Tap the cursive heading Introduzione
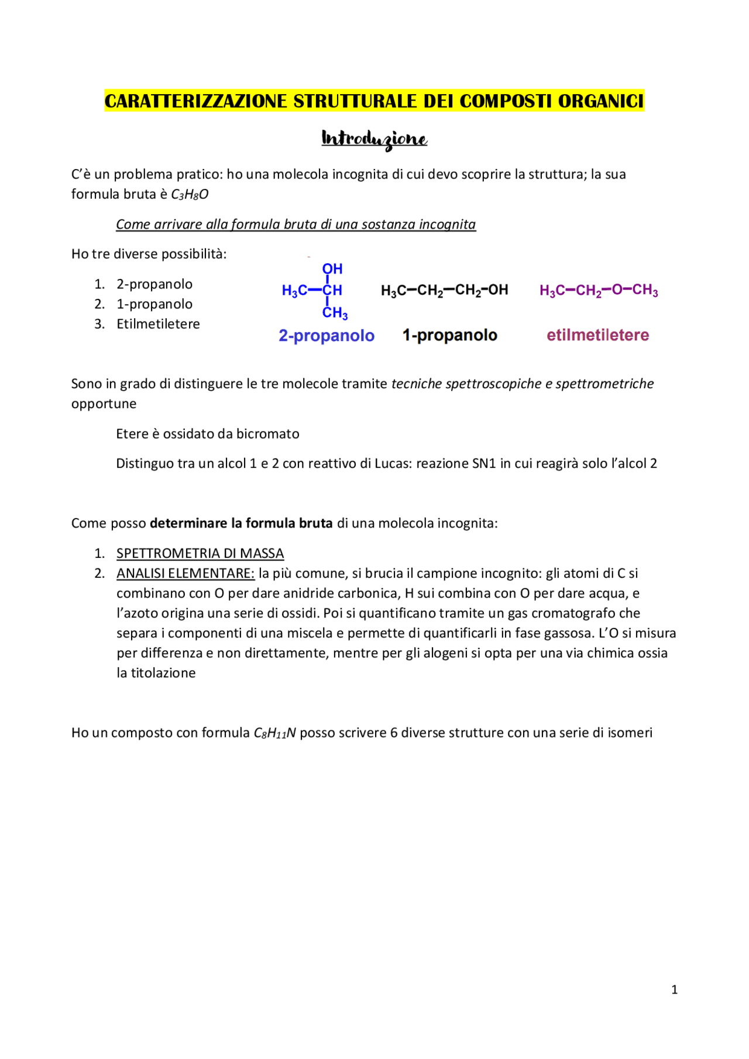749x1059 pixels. pyautogui.click(x=374, y=139)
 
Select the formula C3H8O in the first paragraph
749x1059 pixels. pyautogui.click(x=189, y=195)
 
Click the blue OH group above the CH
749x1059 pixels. pyautogui.click(x=332, y=269)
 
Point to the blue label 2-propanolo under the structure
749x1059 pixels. pyautogui.click(x=327, y=336)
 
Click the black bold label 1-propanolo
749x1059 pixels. pyautogui.click(x=449, y=335)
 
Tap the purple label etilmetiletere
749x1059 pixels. pyautogui.click(x=597, y=335)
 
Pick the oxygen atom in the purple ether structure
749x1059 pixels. pyautogui.click(x=617, y=289)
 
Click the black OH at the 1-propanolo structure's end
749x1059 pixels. pyautogui.click(x=498, y=289)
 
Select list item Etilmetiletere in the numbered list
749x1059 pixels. pyautogui.click(x=158, y=324)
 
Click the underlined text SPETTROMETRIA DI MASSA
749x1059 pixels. pyautogui.click(x=200, y=553)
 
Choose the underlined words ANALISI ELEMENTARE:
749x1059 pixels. pyautogui.click(x=185, y=573)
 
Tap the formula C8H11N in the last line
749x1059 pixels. pyautogui.click(x=274, y=733)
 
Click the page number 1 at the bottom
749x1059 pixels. pyautogui.click(x=674, y=989)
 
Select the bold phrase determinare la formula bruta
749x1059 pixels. pyautogui.click(x=241, y=523)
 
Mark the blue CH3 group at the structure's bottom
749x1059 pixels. pyautogui.click(x=335, y=313)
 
